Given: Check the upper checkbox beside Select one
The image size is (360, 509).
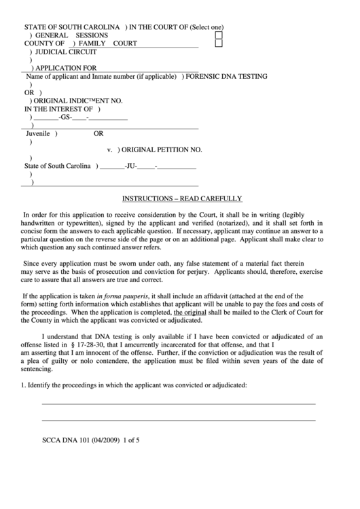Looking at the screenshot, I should [x=219, y=34].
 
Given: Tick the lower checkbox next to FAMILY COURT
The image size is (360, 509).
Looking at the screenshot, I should [x=219, y=43].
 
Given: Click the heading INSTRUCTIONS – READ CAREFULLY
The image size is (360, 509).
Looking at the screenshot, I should [x=181, y=198].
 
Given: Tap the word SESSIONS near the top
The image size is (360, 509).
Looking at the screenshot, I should [x=96, y=35].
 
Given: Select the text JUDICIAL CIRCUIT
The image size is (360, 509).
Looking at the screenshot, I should [x=66, y=52].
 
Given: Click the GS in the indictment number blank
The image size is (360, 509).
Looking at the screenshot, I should [x=65, y=117].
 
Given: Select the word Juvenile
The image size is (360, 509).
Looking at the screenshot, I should [x=37, y=133].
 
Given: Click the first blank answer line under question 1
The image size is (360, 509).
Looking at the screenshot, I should [x=179, y=404].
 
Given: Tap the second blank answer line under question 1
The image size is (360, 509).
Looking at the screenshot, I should [x=179, y=420].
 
